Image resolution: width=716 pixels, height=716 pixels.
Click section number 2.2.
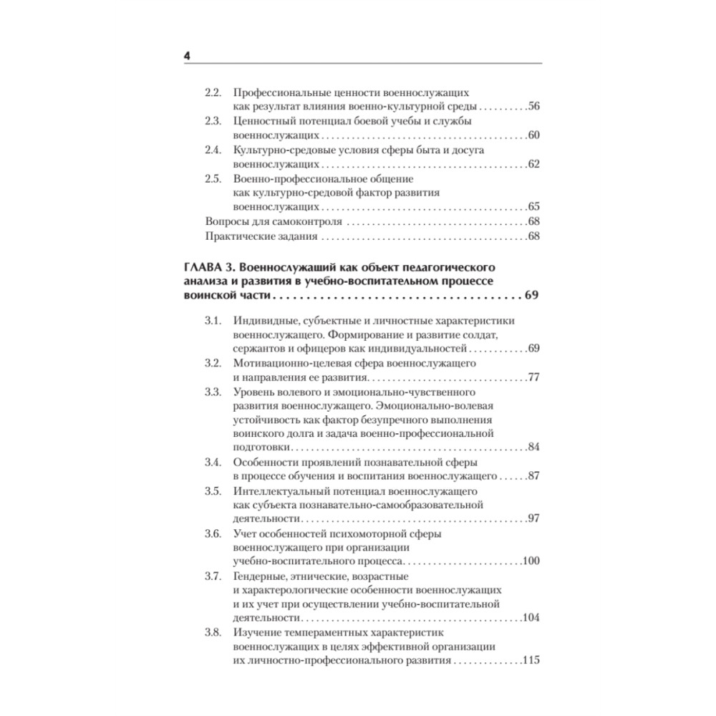213,93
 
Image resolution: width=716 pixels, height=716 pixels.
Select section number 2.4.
213,151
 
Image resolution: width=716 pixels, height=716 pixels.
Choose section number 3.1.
213,321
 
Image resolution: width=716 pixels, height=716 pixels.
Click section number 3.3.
213,392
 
